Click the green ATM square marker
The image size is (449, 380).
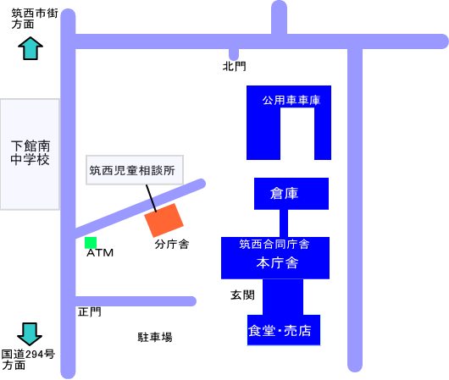[x=91, y=243]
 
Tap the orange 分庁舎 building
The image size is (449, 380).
[x=164, y=220]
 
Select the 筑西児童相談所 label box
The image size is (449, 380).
[x=135, y=170]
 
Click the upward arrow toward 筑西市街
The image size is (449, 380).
[x=30, y=48]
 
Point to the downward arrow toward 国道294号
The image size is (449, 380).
[x=30, y=334]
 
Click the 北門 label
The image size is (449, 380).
[x=234, y=66]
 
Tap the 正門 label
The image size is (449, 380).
[x=90, y=311]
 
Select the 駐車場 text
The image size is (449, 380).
[x=155, y=337]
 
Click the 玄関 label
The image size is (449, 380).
[x=242, y=295]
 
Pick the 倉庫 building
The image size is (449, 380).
[x=291, y=194]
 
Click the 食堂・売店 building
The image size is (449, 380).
[x=284, y=330]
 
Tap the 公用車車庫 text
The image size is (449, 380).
[x=291, y=100]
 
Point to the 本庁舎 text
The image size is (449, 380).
[x=277, y=262]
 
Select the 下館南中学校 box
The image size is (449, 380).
[x=30, y=154]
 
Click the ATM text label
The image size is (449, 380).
[x=100, y=253]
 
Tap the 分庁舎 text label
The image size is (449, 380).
[x=172, y=244]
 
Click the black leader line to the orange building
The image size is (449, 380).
[x=151, y=198]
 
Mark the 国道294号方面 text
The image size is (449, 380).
[x=28, y=360]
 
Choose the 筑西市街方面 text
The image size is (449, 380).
[x=35, y=19]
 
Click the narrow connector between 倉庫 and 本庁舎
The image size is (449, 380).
[x=284, y=223]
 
